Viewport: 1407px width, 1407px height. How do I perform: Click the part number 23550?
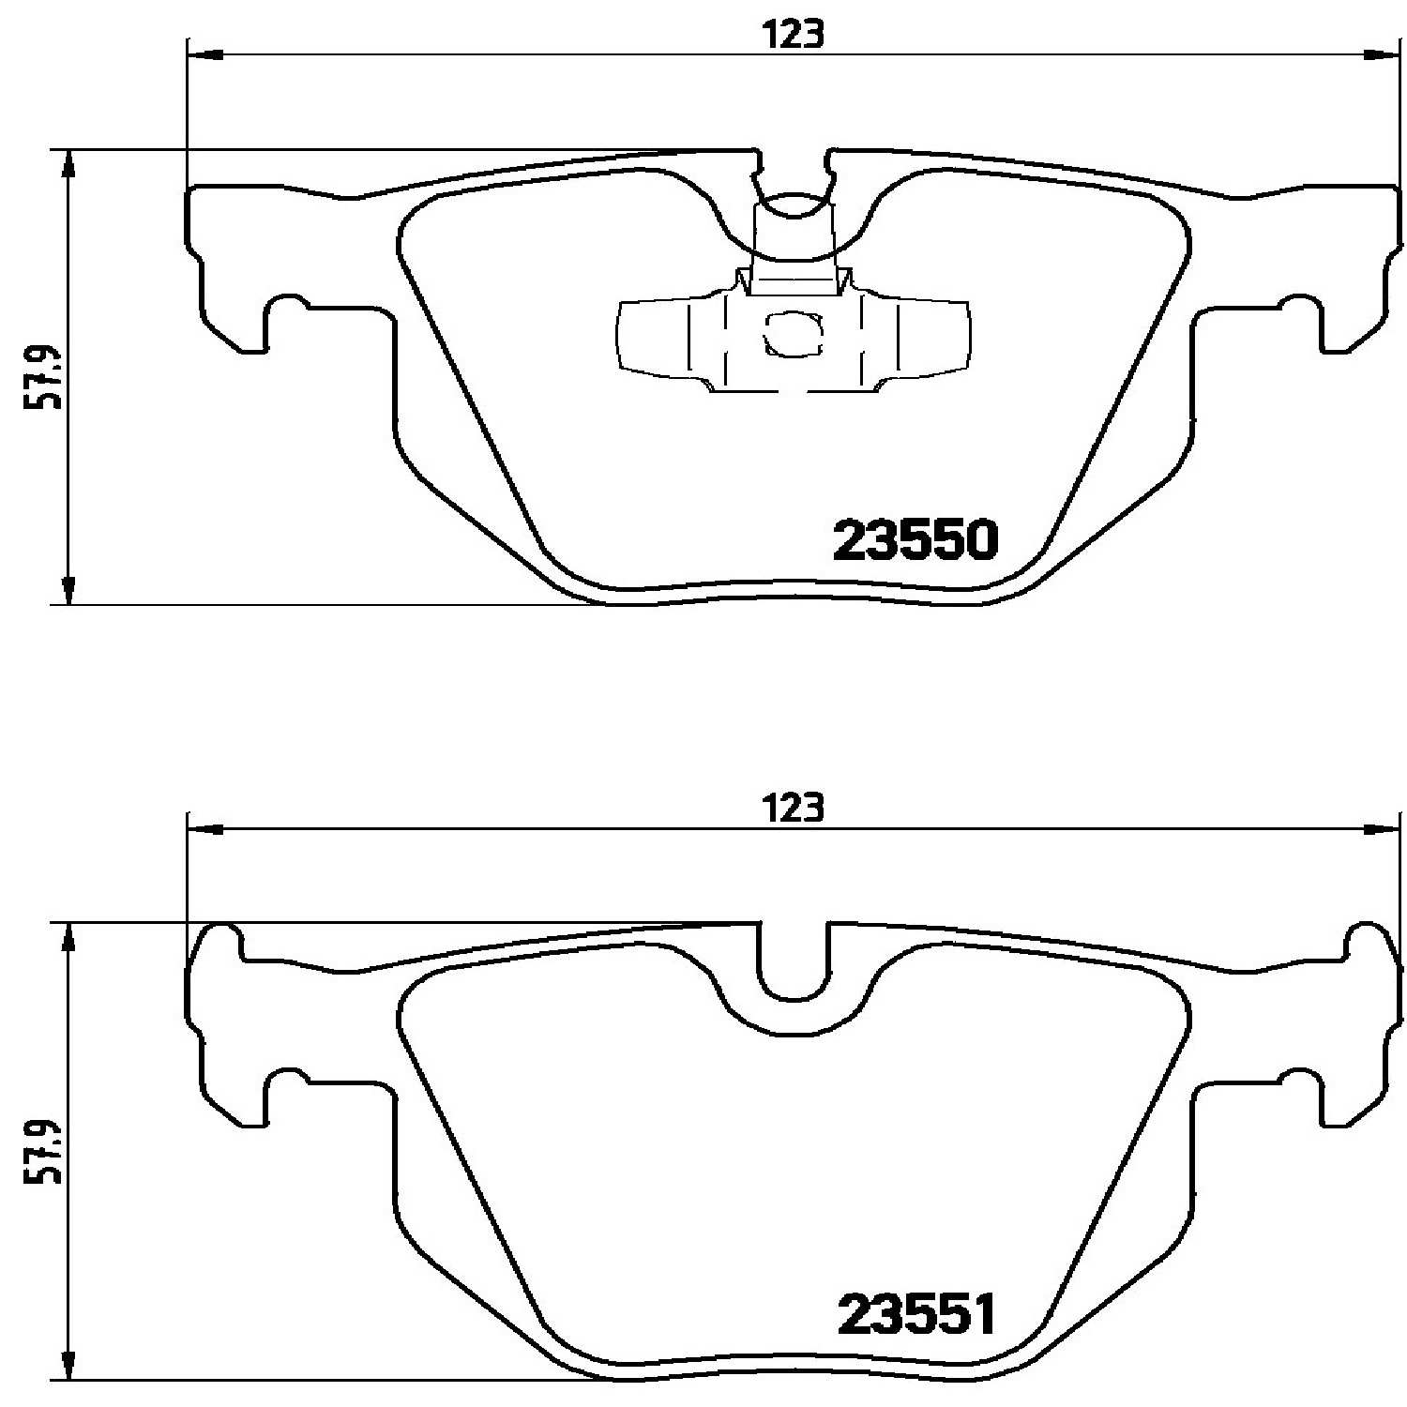point(915,540)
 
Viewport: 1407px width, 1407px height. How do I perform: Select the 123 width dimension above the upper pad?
point(793,35)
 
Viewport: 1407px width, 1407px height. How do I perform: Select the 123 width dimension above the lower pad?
point(793,808)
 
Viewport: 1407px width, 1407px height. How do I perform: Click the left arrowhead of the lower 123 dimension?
point(206,829)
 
